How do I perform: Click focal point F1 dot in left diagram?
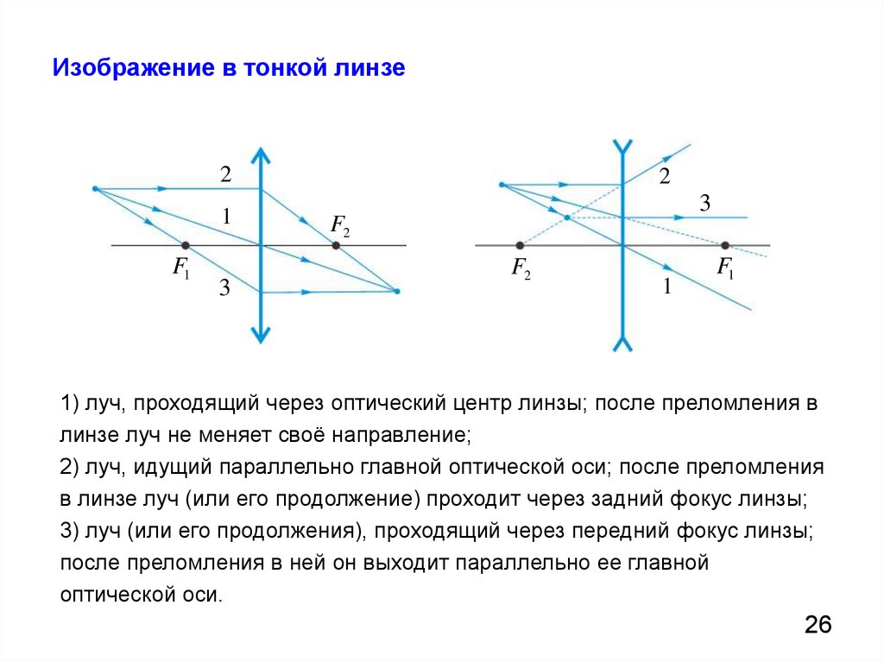[185, 246]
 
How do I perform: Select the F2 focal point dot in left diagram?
[336, 246]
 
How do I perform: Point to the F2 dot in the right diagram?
[520, 246]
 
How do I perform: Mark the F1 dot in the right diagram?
[724, 246]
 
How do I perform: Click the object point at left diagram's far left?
[94, 188]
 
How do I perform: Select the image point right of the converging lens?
[396, 292]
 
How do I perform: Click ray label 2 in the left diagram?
[225, 174]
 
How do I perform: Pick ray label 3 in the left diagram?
[224, 288]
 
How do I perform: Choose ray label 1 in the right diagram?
[666, 287]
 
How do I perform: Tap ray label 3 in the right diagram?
[704, 204]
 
